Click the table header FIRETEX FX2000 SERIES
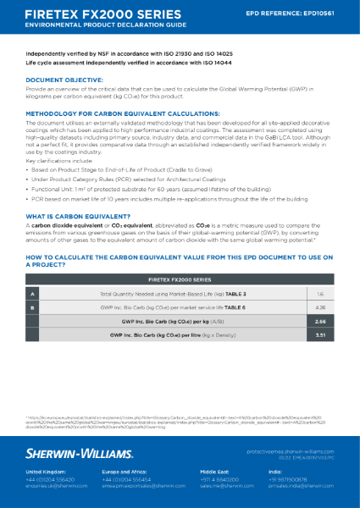[180, 278]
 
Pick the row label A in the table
[33, 293]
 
